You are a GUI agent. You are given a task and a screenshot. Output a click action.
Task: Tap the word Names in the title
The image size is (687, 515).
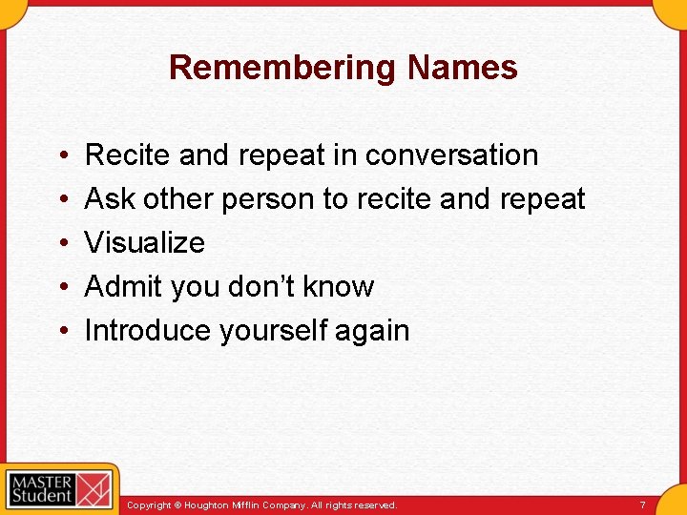463,68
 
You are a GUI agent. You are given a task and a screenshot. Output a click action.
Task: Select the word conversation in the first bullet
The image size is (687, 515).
452,154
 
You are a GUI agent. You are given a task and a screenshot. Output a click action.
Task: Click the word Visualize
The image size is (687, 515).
145,242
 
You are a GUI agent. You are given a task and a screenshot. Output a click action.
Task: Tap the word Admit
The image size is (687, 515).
122,286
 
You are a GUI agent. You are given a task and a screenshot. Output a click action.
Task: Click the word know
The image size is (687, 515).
342,286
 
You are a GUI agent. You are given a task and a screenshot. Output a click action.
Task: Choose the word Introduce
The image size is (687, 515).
148,330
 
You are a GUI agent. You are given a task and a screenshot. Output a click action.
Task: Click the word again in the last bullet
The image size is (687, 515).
375,330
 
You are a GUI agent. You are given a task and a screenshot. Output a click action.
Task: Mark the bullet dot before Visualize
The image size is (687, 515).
62,242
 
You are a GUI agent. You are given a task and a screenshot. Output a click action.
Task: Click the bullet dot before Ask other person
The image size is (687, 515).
62,198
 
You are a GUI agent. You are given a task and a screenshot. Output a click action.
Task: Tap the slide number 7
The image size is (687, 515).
643,505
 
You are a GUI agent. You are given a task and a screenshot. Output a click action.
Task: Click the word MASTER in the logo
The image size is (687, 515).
41,480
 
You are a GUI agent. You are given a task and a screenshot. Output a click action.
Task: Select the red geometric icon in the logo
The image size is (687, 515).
94,488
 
